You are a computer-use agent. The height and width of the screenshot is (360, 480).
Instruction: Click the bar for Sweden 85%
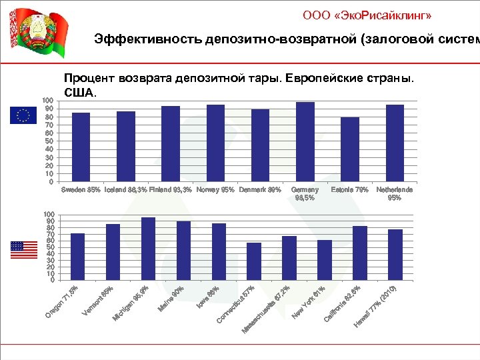tap(81, 147)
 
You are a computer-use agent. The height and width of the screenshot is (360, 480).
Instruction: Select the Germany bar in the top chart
tap(305, 141)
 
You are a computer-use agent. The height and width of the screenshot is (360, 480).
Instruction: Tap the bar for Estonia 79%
tap(350, 149)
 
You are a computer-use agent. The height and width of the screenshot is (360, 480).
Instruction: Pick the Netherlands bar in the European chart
tap(395, 143)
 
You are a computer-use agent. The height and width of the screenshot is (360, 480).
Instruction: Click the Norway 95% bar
tap(215, 143)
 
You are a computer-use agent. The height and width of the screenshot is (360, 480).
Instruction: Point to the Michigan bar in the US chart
tap(148, 248)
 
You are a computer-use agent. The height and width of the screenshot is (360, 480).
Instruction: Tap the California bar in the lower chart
tap(360, 253)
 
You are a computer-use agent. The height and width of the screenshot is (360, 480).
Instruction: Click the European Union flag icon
tap(23, 115)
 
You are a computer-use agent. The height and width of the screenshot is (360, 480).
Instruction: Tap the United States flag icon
tap(24, 250)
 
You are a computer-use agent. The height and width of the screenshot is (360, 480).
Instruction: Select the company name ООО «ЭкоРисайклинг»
tap(371, 15)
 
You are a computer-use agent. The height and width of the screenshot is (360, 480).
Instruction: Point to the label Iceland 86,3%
tap(126, 189)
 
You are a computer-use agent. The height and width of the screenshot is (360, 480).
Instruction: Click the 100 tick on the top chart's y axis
tap(47, 101)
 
